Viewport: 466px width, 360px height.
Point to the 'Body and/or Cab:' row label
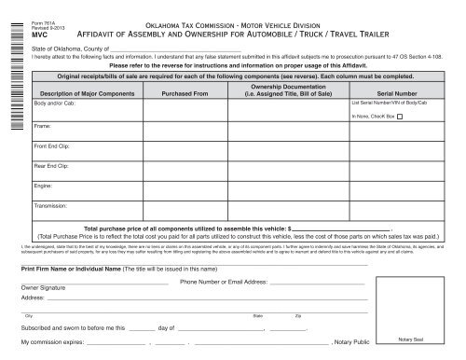click(x=52, y=104)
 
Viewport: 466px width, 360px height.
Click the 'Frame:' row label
click(x=42, y=124)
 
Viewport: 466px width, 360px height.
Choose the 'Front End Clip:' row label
click(x=50, y=147)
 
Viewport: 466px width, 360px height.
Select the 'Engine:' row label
click(x=43, y=186)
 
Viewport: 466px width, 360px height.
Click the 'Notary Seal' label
click(x=410, y=338)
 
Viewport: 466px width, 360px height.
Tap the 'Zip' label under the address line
click(x=297, y=316)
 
